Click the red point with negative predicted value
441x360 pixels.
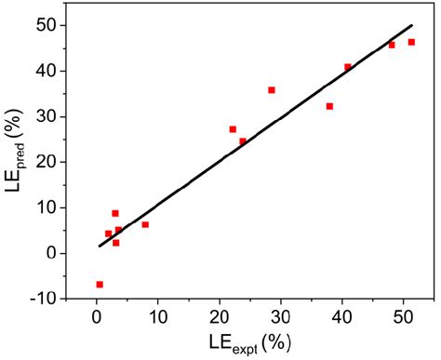(100, 284)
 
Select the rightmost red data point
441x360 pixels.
(411, 42)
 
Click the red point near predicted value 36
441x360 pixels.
(272, 90)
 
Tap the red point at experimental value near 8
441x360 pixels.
(145, 224)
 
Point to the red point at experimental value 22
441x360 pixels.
(233, 129)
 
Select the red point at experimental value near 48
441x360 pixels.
(392, 45)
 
